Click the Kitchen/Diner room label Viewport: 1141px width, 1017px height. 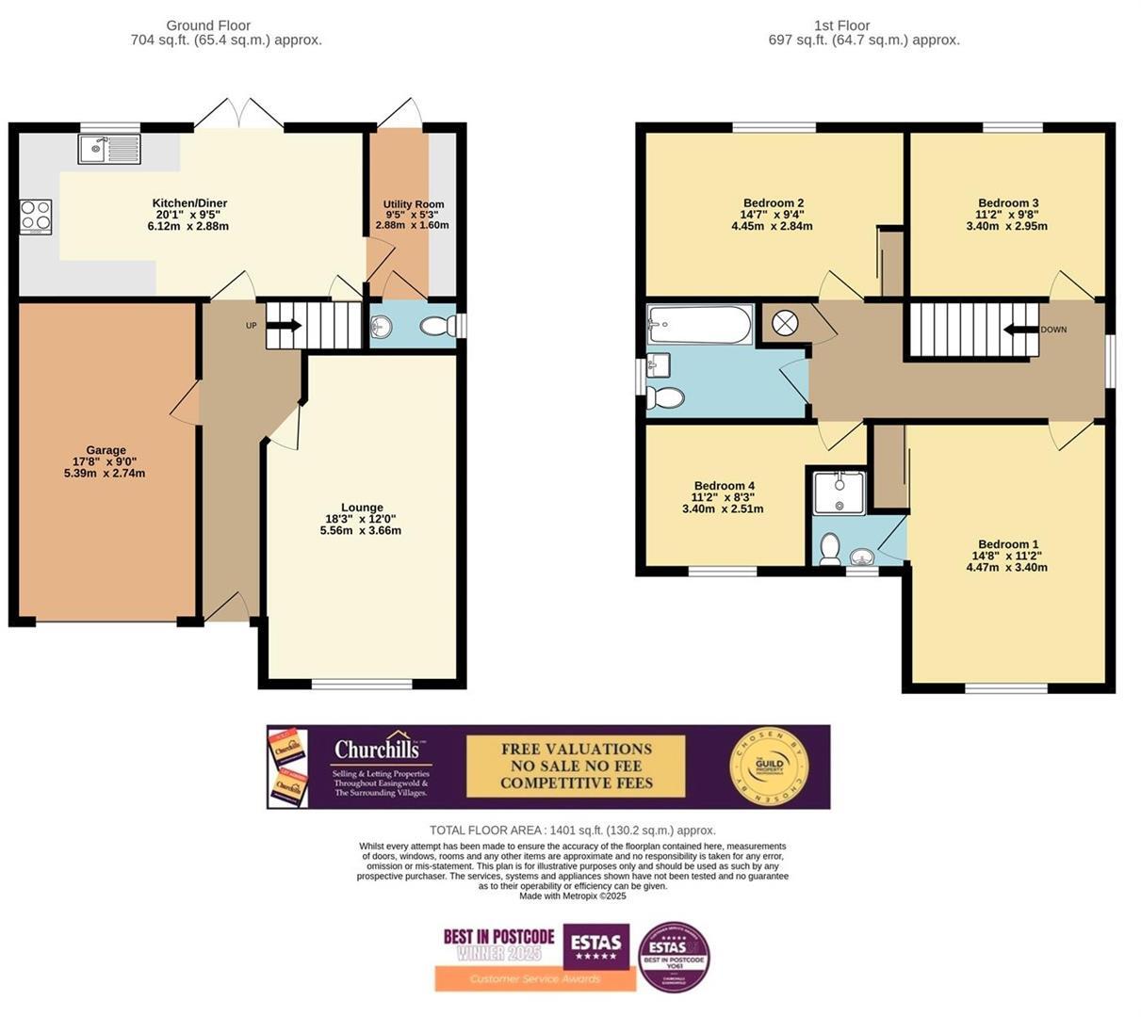coord(189,203)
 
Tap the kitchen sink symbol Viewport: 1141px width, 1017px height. coord(110,149)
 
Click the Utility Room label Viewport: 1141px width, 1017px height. coord(413,204)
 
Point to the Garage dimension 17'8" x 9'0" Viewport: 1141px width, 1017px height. coord(106,461)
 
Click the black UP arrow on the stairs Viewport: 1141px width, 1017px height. coord(284,326)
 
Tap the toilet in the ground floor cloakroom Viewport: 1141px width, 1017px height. coord(435,327)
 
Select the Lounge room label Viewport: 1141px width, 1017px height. coord(362,508)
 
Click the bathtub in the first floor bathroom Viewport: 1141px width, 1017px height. coord(699,326)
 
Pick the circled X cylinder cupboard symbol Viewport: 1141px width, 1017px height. coord(784,324)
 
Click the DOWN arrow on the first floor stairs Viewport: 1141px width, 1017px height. coord(1020,330)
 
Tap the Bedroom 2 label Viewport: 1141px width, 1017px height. coord(773,203)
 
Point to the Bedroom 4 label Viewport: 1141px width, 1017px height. coord(723,486)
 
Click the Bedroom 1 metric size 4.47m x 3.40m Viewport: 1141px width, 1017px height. coord(1007,567)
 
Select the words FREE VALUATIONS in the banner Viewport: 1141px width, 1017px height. coord(576,750)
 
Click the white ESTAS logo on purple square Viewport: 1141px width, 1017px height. coord(596,944)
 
